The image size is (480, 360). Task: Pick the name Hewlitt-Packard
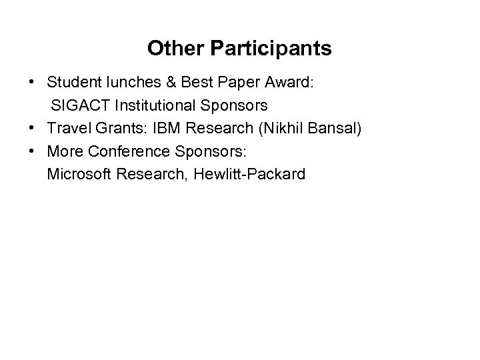point(247,174)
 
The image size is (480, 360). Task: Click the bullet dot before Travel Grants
point(32,128)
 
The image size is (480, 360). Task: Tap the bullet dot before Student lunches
point(32,83)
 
